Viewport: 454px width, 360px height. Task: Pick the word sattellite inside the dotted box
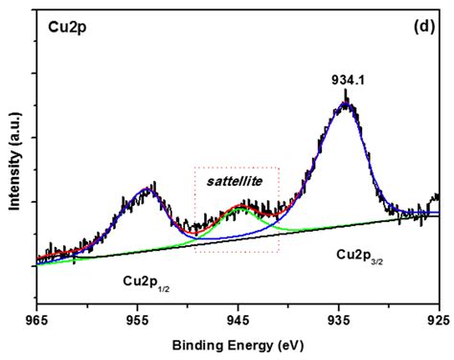236,179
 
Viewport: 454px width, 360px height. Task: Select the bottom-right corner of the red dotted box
279,252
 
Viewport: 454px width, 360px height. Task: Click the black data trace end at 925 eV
438,198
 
